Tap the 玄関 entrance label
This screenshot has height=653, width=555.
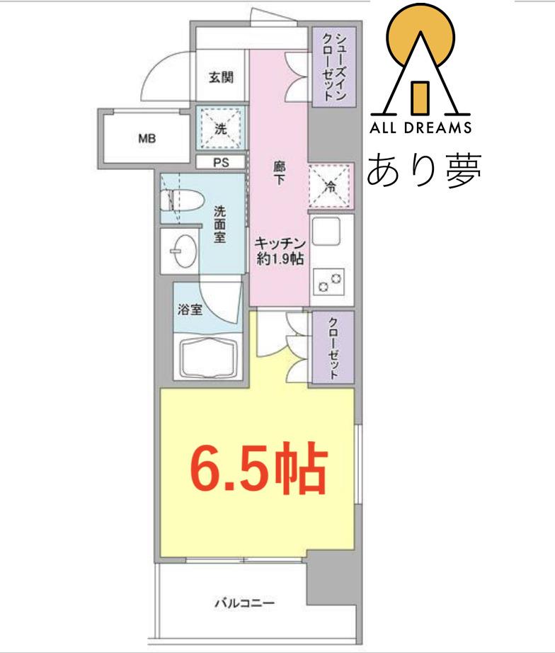pyautogui.click(x=221, y=77)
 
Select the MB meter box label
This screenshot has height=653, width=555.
pyautogui.click(x=147, y=138)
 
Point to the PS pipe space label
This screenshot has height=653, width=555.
pyautogui.click(x=221, y=162)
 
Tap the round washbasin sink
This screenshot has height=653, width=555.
pyautogui.click(x=183, y=251)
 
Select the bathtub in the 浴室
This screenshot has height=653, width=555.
pyautogui.click(x=209, y=358)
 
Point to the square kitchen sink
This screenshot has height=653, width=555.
pyautogui.click(x=326, y=231)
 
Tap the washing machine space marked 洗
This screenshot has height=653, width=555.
pyautogui.click(x=221, y=128)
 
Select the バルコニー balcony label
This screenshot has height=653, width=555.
pyautogui.click(x=245, y=603)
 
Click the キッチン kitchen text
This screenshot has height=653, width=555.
pyautogui.click(x=280, y=243)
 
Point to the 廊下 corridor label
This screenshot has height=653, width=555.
pyautogui.click(x=279, y=174)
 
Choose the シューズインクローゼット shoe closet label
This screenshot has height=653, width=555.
pyautogui.click(x=334, y=67)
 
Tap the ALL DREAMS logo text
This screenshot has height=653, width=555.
pyautogui.click(x=420, y=127)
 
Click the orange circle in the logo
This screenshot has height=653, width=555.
pyautogui.click(x=420, y=38)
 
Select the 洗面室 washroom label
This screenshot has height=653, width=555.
pyautogui.click(x=220, y=224)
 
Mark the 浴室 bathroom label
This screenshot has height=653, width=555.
pyautogui.click(x=190, y=310)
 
